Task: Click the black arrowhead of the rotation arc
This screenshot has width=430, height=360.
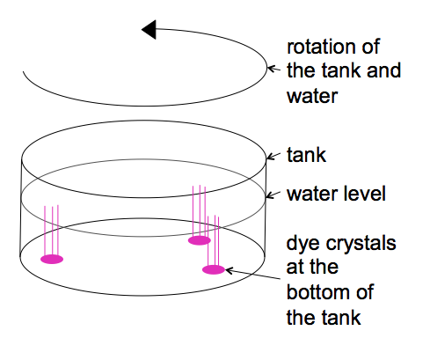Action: coord(149,29)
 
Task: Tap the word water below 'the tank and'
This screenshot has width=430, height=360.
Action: coord(312,96)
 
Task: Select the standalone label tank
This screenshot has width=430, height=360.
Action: coord(306,155)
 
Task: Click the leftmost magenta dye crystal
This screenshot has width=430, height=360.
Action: coord(52,260)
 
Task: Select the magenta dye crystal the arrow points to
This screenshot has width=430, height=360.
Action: coord(214,269)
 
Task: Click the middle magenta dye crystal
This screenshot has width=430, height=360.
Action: coord(200,240)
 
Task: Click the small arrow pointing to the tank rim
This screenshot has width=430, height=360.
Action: coord(273,156)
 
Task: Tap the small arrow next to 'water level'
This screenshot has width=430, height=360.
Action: coord(273,195)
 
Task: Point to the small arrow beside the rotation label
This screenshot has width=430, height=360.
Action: coord(274,70)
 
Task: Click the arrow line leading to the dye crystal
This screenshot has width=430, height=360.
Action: coord(252,274)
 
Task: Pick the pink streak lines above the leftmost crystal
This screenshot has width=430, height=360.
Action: coord(52,231)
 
